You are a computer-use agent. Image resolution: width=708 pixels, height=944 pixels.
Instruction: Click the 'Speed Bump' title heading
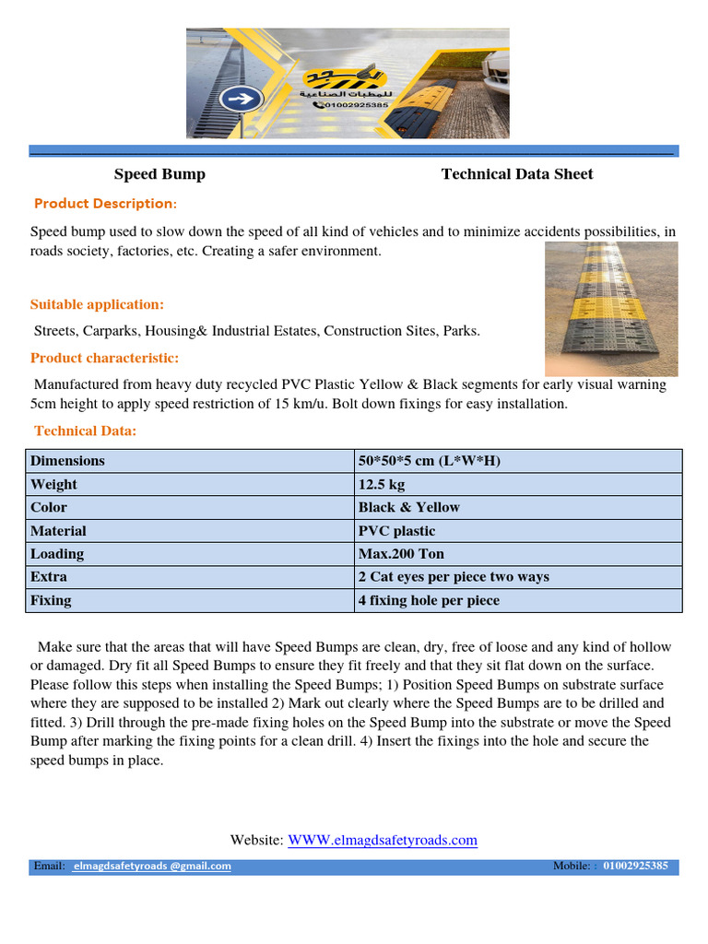[x=159, y=174]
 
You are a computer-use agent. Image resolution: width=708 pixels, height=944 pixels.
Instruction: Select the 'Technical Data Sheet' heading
[x=517, y=174]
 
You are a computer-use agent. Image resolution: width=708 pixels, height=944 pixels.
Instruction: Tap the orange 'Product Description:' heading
[x=106, y=204]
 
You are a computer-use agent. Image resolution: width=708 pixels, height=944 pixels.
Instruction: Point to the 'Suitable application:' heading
[x=98, y=305]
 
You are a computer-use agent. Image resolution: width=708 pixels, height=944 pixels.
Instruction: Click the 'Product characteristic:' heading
[x=105, y=358]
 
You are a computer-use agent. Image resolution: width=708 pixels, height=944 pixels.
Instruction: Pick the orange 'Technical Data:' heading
[x=86, y=431]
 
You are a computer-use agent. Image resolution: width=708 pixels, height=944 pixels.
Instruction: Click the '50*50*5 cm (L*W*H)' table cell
[x=429, y=461]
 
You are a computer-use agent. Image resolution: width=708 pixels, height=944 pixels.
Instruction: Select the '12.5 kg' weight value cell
[x=382, y=485]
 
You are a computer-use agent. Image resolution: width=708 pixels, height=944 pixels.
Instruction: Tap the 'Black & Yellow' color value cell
[x=408, y=508]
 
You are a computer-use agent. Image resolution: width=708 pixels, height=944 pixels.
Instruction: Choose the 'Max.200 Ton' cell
[x=401, y=554]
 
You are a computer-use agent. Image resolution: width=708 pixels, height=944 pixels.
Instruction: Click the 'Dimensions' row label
[x=67, y=461]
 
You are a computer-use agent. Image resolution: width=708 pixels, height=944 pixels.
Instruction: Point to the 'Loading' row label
[x=57, y=554]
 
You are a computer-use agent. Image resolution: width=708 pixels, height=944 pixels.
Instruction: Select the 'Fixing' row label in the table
[x=51, y=600]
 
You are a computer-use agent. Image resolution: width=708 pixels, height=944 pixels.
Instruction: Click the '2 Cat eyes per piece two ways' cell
[x=454, y=577]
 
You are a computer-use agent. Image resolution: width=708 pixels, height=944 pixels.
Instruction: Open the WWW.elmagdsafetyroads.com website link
[x=383, y=840]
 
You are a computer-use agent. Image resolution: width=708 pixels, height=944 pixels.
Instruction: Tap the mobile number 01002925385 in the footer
[x=636, y=867]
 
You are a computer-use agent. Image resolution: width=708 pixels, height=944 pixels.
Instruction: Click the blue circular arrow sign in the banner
[x=246, y=99]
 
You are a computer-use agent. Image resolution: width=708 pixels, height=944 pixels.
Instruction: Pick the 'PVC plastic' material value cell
[x=396, y=531]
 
